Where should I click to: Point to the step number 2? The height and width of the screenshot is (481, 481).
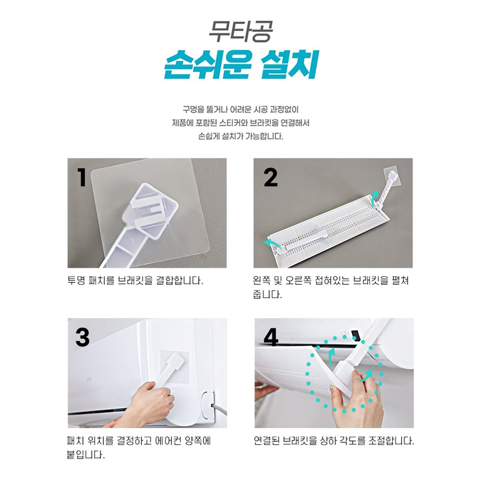(x=271, y=178)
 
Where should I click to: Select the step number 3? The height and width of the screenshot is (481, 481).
(x=82, y=338)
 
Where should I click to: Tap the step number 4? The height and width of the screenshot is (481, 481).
(x=271, y=338)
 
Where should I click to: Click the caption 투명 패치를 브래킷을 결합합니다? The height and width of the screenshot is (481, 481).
(x=135, y=280)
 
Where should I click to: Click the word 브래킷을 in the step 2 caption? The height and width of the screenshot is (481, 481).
(x=369, y=280)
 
